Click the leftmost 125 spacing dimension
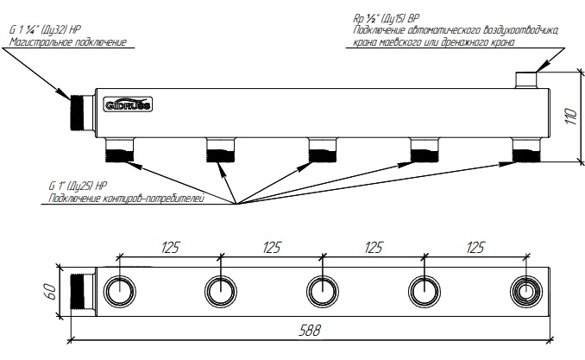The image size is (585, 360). coord(170,249)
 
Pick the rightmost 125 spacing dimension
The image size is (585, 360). coord(474,249)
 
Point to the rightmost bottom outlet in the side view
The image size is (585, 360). coord(525,154)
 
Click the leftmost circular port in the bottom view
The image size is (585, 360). coord(119,289)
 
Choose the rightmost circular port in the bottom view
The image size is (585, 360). coord(525,289)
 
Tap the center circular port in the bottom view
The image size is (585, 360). coord(322,289)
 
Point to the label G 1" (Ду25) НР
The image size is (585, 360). coord(79,186)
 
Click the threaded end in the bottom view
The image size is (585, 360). coord(82,289)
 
